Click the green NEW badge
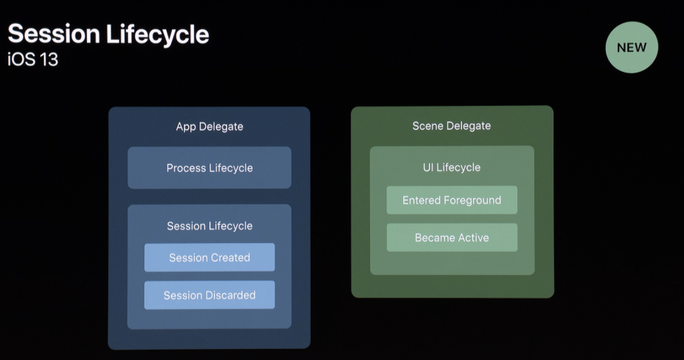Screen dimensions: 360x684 pos(631,47)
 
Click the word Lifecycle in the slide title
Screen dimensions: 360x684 pos(157,34)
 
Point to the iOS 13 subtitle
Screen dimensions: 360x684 pos(33,59)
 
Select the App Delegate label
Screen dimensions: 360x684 pos(209,127)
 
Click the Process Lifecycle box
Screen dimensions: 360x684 pos(209,167)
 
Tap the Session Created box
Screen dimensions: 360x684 pos(209,257)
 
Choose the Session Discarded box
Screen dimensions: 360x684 pos(209,295)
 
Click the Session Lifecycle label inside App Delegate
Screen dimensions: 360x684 pos(209,226)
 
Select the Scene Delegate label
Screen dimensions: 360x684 pos(451,126)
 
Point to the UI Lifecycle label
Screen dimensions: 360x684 pos(451,167)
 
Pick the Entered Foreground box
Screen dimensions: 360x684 pos(451,200)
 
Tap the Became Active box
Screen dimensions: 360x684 pos(451,237)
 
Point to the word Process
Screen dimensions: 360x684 pos(186,167)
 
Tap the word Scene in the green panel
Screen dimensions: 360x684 pos(427,126)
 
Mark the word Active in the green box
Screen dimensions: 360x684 pos(473,237)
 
